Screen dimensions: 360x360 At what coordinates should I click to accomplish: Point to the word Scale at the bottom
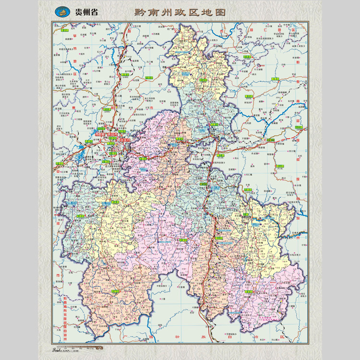click(x=59, y=346)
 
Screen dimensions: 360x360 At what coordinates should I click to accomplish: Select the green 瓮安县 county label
click(x=203, y=81)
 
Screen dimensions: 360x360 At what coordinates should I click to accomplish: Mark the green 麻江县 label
click(x=221, y=156)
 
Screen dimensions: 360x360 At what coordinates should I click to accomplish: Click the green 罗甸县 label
click(x=114, y=291)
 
